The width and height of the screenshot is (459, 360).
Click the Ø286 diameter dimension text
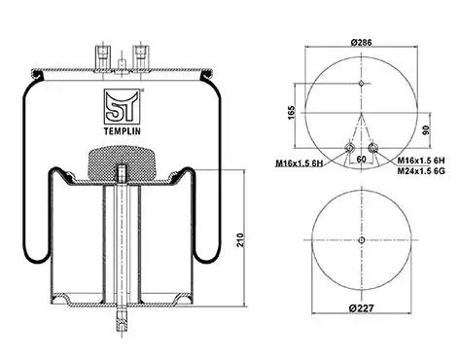(361, 42)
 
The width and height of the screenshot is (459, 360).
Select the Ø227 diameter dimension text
(362, 307)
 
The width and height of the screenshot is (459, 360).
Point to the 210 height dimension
(240, 240)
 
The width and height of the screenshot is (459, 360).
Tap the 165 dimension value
(292, 112)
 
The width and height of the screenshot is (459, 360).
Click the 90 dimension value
(426, 130)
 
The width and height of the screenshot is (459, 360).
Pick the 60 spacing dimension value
(361, 160)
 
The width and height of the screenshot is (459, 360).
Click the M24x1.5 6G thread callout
(421, 171)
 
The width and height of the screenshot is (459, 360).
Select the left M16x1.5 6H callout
(300, 163)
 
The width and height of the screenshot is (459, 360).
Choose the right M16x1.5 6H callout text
(421, 161)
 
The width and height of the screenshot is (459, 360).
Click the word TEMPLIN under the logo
(122, 131)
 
